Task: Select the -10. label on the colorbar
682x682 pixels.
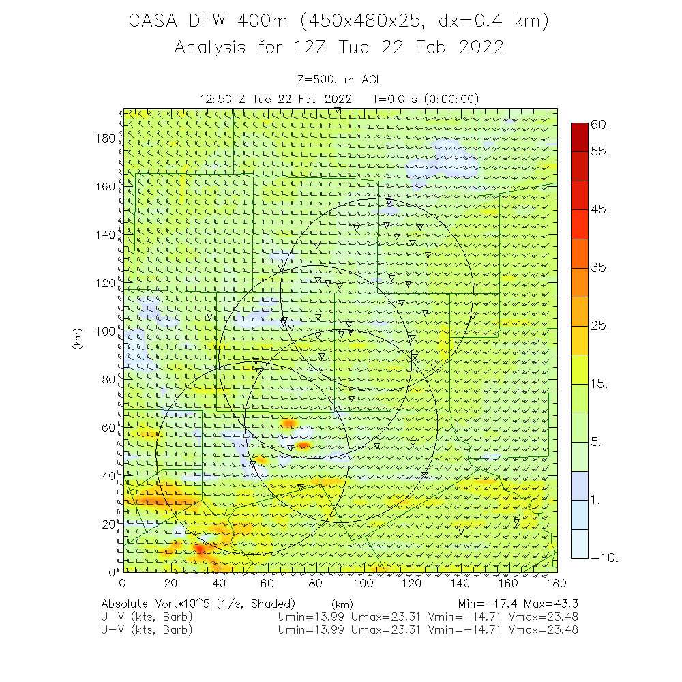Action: pyautogui.click(x=604, y=558)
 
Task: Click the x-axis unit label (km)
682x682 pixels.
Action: pyautogui.click(x=342, y=604)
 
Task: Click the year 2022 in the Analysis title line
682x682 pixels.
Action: pyautogui.click(x=481, y=48)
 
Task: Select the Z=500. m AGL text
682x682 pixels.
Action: pyautogui.click(x=340, y=80)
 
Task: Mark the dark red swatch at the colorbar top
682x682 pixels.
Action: pyautogui.click(x=580, y=132)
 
